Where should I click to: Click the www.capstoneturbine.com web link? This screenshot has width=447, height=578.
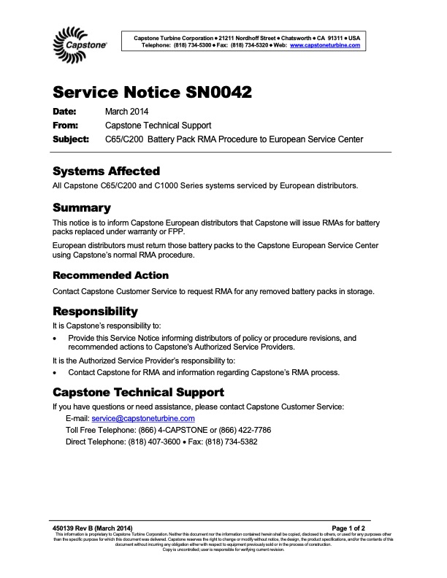click(325, 45)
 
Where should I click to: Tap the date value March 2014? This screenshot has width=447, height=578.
click(127, 112)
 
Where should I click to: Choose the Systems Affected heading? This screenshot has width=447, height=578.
click(106, 172)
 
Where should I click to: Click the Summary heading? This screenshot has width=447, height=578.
click(82, 208)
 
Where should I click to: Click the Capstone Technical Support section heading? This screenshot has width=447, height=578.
click(139, 393)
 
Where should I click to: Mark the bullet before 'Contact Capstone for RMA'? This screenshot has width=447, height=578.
click(56, 372)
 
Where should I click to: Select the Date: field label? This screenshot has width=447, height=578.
click(65, 112)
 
